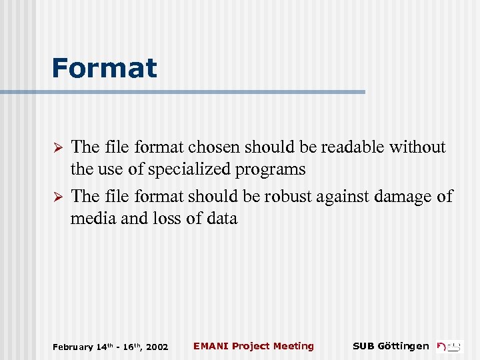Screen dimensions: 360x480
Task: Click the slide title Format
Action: pos(104,68)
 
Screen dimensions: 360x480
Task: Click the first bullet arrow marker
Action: pos(57,147)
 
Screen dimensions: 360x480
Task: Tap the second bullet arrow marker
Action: pos(57,197)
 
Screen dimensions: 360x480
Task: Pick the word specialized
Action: pos(189,169)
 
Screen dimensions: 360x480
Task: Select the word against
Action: pos(344,197)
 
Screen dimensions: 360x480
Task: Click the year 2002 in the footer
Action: pos(157,347)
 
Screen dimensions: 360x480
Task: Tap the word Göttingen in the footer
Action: pos(403,345)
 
